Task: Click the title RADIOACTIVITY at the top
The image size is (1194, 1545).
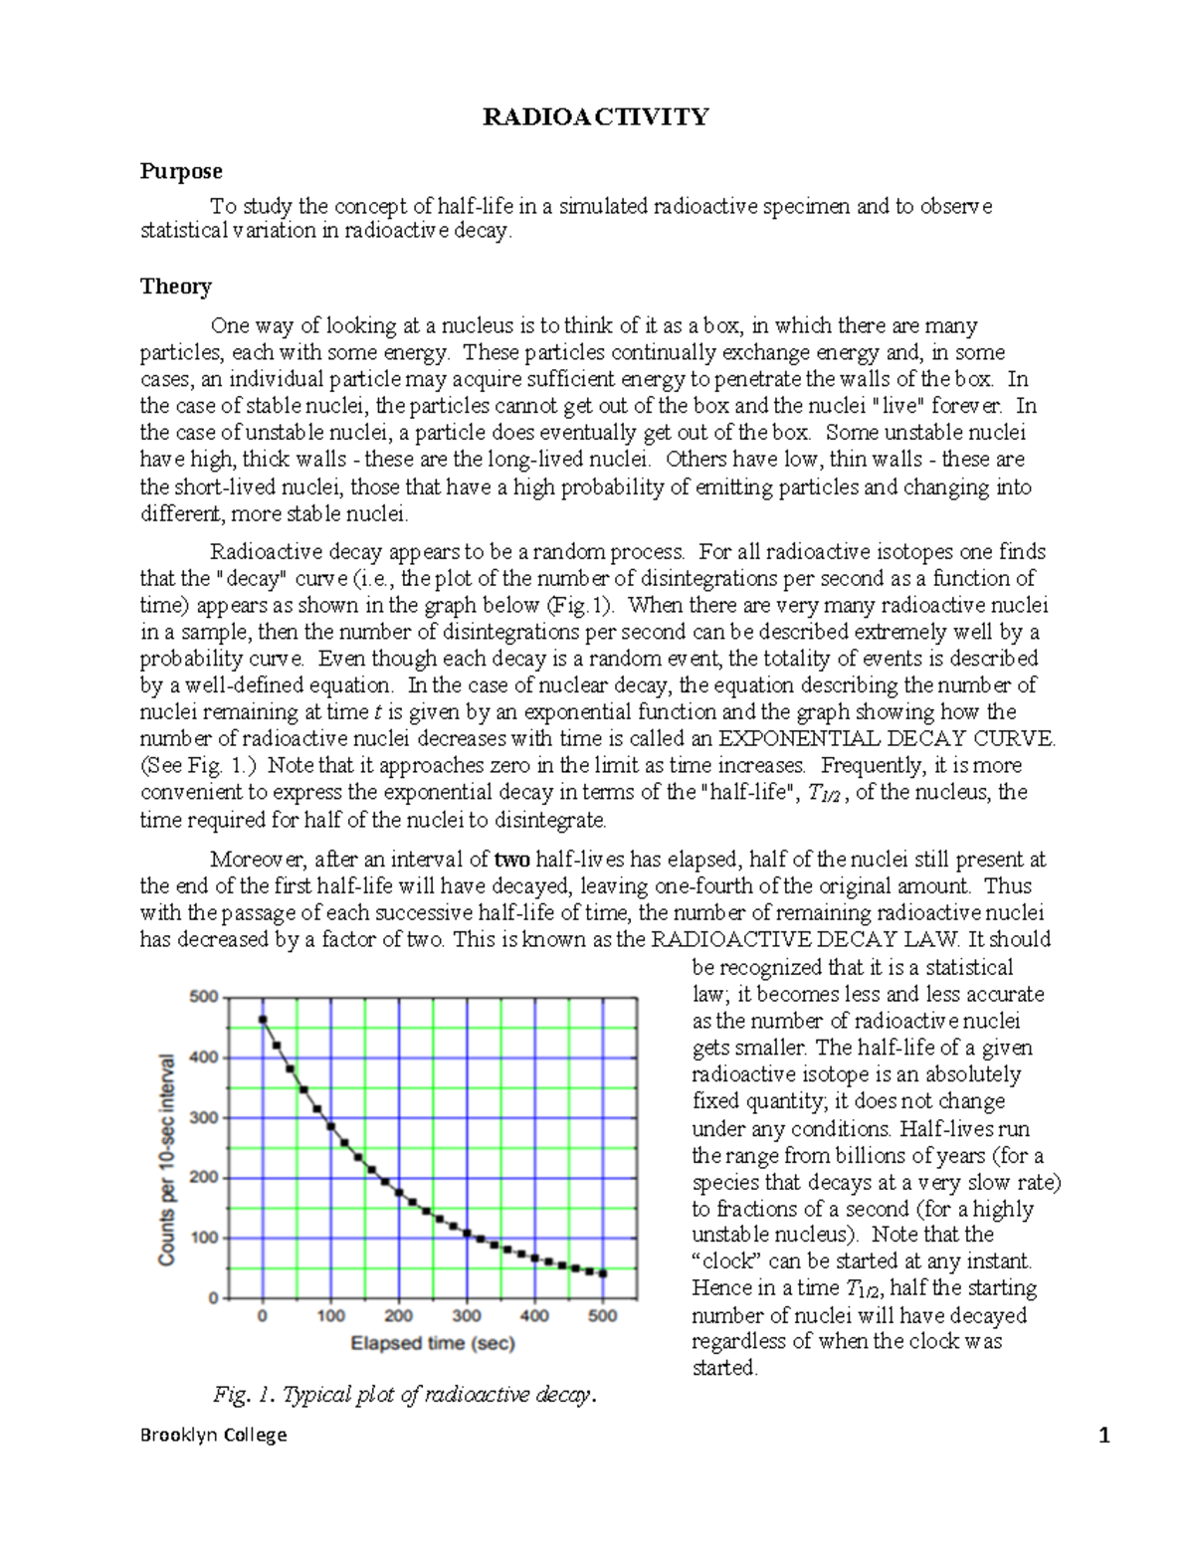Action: (595, 117)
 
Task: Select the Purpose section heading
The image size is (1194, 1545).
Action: (180, 171)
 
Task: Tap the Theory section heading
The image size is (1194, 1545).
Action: (175, 287)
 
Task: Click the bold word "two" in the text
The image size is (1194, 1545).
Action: (511, 860)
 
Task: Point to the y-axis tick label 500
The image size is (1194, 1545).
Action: (203, 997)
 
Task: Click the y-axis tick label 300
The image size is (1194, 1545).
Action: (203, 1118)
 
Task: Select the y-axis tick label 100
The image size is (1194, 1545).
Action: (203, 1239)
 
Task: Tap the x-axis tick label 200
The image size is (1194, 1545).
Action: (398, 1316)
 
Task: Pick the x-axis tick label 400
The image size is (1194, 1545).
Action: (534, 1316)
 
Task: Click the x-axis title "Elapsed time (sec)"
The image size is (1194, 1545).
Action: (433, 1344)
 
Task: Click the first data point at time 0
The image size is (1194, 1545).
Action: (263, 1020)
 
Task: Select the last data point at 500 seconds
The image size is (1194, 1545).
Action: (602, 1273)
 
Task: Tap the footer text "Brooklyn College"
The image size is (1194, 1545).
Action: (213, 1435)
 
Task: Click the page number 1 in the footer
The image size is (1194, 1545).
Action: (1103, 1435)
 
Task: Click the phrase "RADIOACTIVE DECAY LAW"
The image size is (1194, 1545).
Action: (805, 940)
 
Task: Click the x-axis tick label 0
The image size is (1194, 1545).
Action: (263, 1316)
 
